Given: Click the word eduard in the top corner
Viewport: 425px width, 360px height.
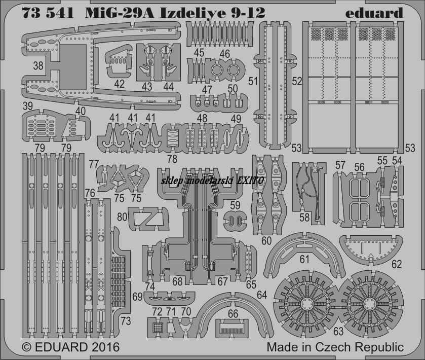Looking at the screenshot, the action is [x=374, y=13].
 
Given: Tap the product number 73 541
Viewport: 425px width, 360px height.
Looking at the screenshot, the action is [x=48, y=13].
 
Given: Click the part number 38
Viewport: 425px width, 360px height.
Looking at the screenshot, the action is [x=38, y=65].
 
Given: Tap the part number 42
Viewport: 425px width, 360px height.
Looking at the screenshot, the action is [x=119, y=84].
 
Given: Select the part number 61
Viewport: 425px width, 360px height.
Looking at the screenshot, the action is [x=304, y=260].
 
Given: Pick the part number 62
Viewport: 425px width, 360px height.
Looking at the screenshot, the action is [x=397, y=264].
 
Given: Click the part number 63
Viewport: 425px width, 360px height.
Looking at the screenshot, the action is [x=338, y=331].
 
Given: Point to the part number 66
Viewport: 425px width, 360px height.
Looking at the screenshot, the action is [x=233, y=314].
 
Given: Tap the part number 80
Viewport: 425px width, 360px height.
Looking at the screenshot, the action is [x=122, y=217].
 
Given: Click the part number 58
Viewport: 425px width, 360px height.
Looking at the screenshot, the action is [x=304, y=218].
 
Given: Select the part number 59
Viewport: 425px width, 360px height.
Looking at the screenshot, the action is [x=235, y=205].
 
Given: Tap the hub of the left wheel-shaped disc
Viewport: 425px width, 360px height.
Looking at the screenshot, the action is [x=307, y=304].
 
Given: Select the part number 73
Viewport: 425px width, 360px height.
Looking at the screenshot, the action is [x=126, y=321].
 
